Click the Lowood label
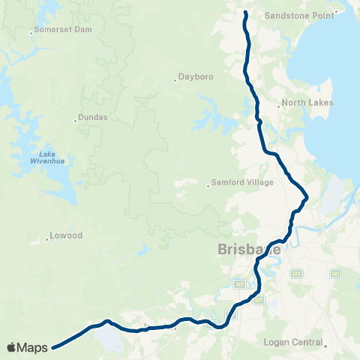coord(65,236)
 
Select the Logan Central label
coord(295,343)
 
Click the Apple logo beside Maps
coord(13,347)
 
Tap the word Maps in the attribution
coord(34,347)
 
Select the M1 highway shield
coord(335,273)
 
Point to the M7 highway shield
coord(259,300)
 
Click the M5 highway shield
coord(239,284)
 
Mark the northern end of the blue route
coord(245,13)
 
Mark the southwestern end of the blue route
coord(54,346)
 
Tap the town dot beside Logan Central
coord(326,346)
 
